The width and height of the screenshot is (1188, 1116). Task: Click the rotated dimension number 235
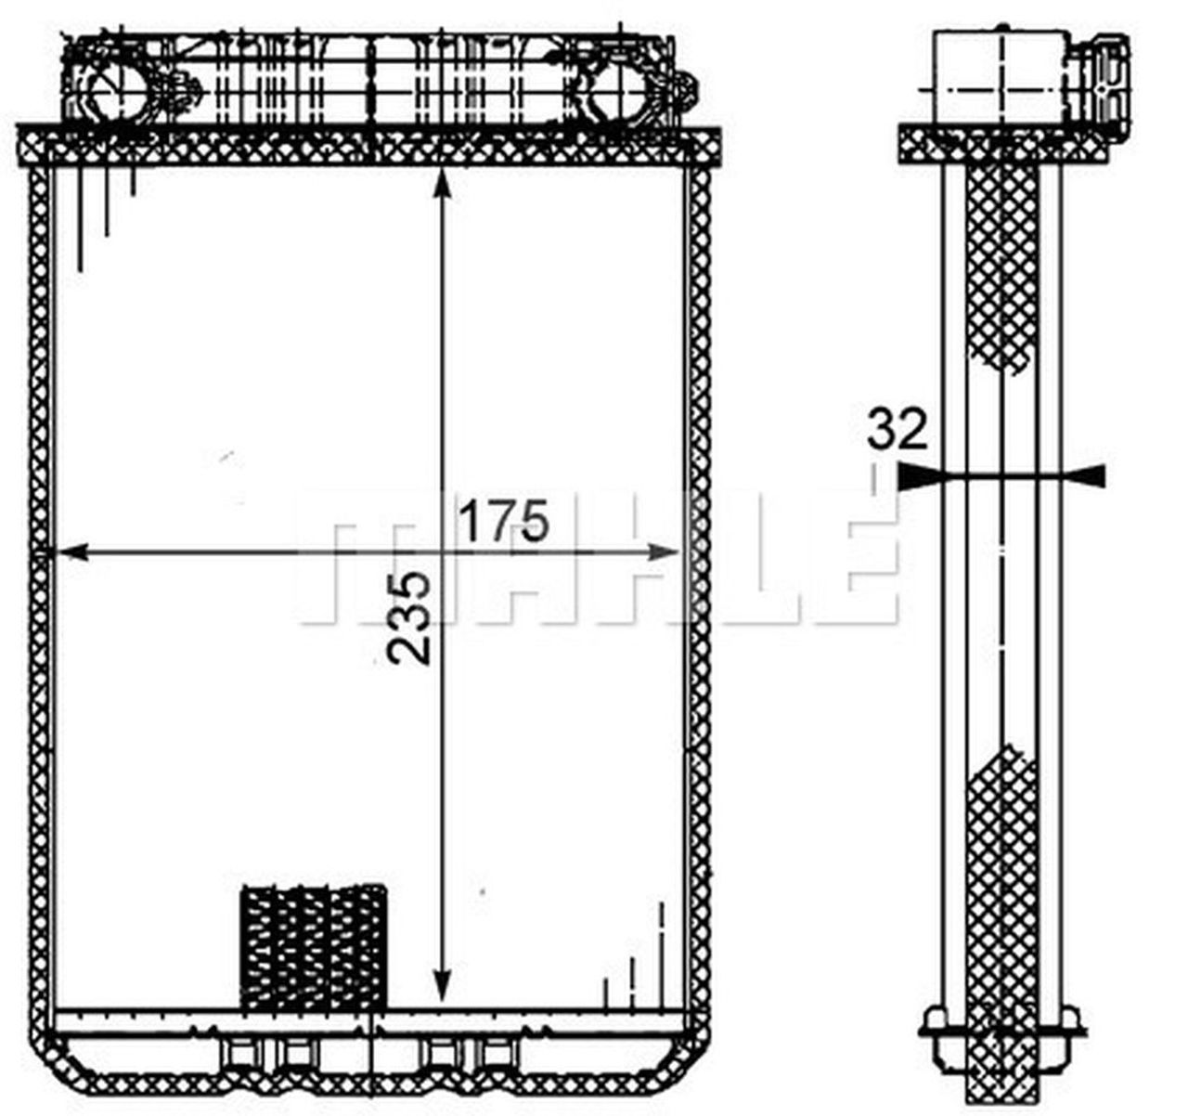tap(409, 617)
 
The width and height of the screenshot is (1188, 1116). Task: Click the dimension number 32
tap(897, 430)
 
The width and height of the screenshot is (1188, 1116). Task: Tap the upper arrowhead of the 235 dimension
tap(443, 185)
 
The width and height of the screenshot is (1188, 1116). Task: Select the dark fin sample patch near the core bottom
tap(313, 947)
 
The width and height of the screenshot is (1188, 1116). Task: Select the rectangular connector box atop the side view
tap(998, 76)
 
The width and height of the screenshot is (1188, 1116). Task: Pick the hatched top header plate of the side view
tap(1002, 146)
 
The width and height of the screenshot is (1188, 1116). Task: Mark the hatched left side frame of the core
tap(39, 594)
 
